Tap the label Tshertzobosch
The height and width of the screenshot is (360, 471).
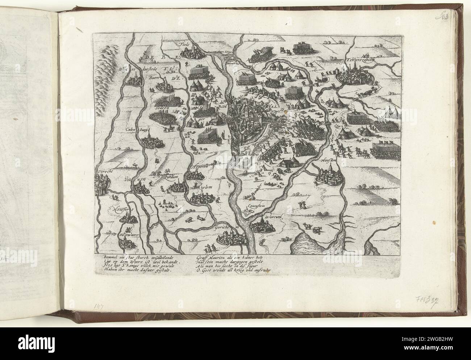363,61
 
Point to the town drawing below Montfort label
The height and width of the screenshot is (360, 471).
128,220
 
